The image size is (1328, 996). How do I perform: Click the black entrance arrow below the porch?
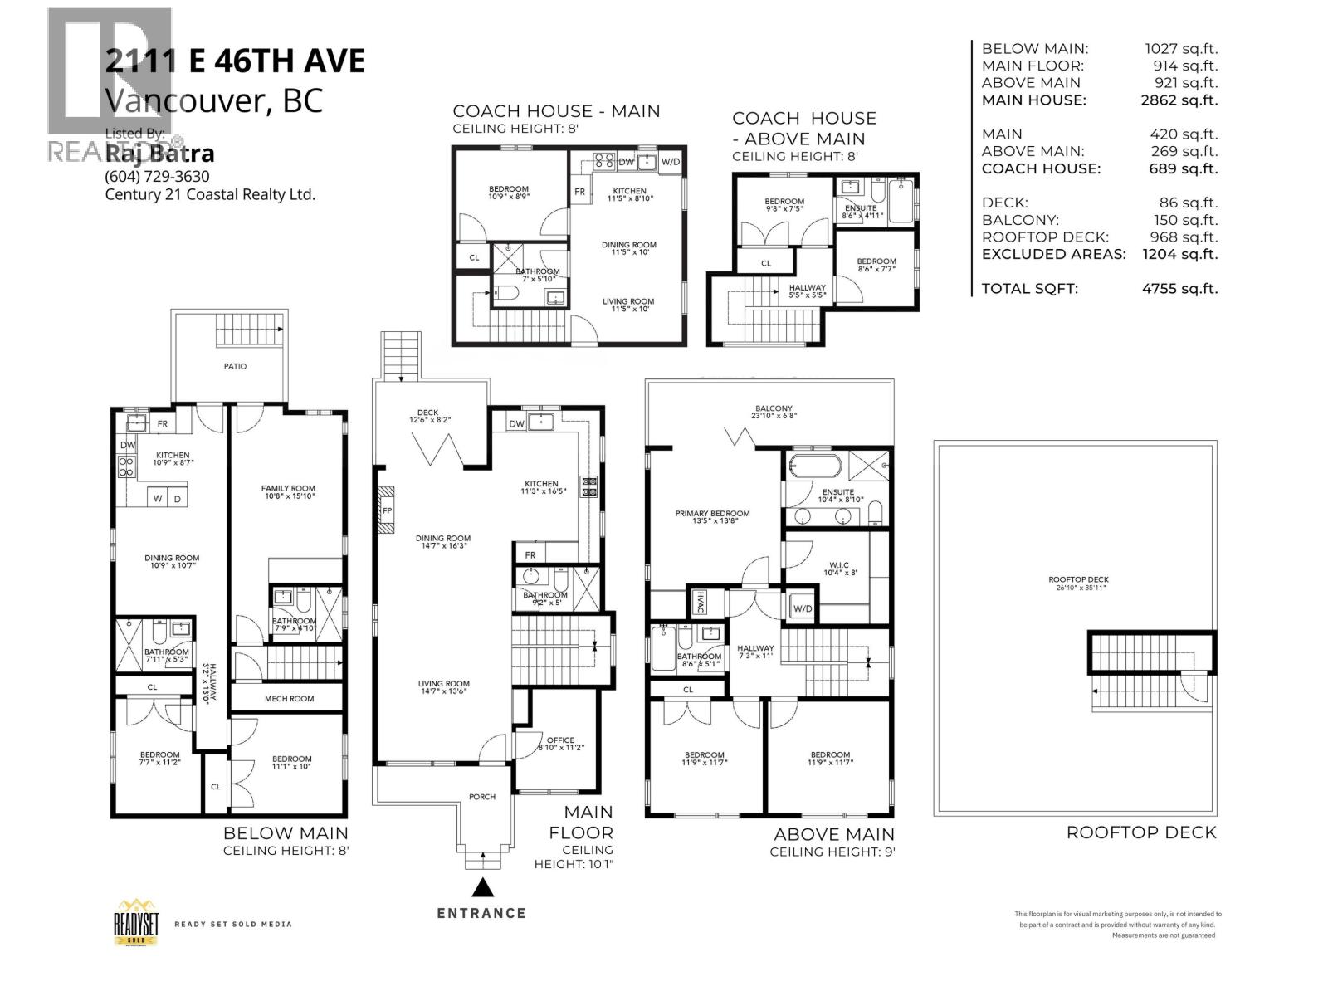[x=482, y=887]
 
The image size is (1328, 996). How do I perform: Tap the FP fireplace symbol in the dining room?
[x=387, y=510]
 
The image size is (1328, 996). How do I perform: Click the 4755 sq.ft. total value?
[x=1179, y=289]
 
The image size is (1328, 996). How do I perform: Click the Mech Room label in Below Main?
[x=289, y=698]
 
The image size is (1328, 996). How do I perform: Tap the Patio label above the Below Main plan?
[x=235, y=366]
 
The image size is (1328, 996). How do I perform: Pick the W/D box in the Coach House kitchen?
[x=670, y=161]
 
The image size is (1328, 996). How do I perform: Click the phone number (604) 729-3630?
[x=157, y=176]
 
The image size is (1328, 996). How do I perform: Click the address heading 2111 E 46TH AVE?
[x=235, y=62]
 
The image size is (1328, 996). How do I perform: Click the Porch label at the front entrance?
[x=481, y=797]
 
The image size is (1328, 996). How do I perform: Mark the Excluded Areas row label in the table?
[x=1053, y=254]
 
